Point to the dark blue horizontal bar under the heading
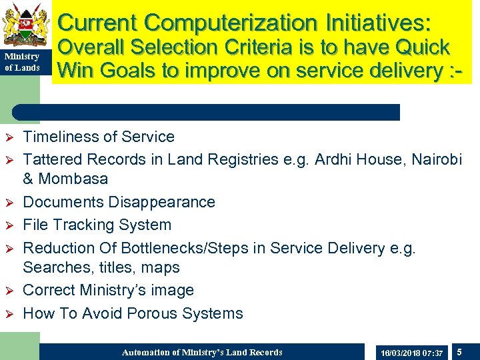[207, 112]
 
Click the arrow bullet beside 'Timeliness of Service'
[9, 137]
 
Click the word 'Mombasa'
[73, 179]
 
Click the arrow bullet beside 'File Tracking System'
[9, 225]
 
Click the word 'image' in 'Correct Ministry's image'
[172, 291]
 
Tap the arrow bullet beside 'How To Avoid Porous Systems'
[9, 313]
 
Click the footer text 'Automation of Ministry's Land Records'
[202, 352]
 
